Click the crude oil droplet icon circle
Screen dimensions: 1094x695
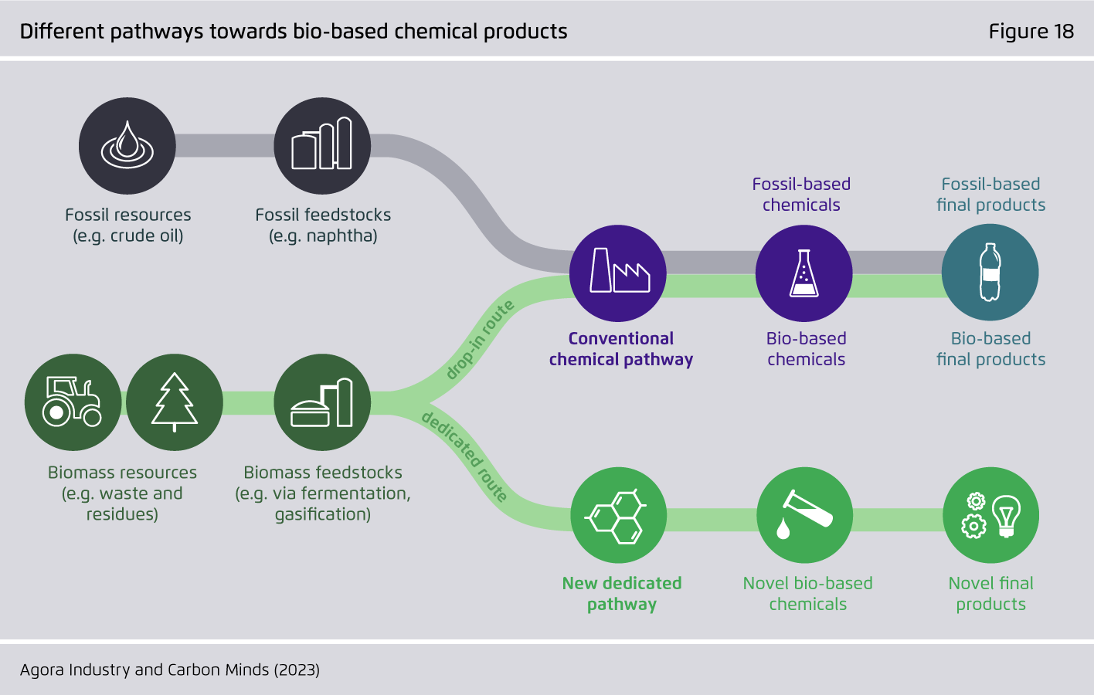click(x=127, y=145)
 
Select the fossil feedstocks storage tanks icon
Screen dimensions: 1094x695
click(x=322, y=145)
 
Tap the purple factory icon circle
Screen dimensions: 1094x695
click(x=618, y=273)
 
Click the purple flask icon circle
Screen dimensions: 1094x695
click(x=804, y=273)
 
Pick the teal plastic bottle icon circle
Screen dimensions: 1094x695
click(x=990, y=273)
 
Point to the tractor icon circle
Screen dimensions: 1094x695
click(x=73, y=402)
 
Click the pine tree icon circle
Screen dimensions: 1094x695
click(x=175, y=402)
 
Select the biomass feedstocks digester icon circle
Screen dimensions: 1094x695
click(x=322, y=402)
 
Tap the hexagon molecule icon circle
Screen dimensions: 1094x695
click(x=618, y=515)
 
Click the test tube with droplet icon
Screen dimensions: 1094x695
click(x=805, y=515)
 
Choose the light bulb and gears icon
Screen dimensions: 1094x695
click(x=991, y=515)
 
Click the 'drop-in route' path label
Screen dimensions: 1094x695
click(x=480, y=340)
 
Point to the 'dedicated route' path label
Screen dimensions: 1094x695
click(x=464, y=457)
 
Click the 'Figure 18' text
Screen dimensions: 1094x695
click(x=1031, y=31)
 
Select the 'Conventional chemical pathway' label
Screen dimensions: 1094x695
click(x=620, y=348)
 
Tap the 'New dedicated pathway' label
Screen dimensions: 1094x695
click(x=622, y=594)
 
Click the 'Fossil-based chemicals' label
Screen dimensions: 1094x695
click(x=801, y=195)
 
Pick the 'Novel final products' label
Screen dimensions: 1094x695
click(x=991, y=594)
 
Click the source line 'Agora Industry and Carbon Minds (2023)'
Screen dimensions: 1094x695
click(x=170, y=670)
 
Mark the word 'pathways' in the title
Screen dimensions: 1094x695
click(x=156, y=32)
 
